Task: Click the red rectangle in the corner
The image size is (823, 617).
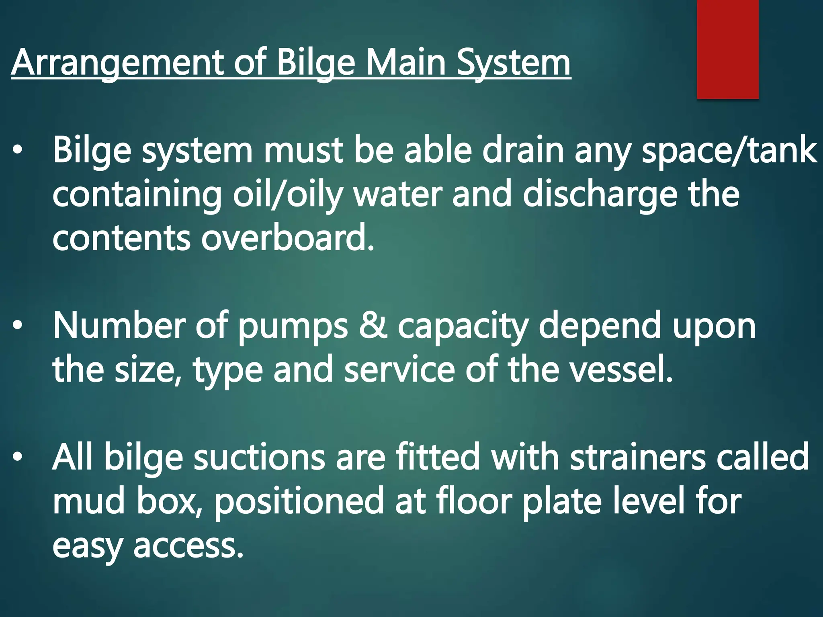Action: pyautogui.click(x=727, y=49)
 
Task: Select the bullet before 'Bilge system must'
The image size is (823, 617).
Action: pyautogui.click(x=17, y=150)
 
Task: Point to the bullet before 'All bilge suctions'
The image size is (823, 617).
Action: pyautogui.click(x=17, y=457)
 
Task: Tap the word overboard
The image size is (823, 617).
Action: pyautogui.click(x=287, y=238)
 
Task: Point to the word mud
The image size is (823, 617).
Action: pyautogui.click(x=88, y=501)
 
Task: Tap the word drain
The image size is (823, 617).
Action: pyautogui.click(x=523, y=150)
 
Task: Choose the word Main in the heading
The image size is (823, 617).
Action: pyautogui.click(x=406, y=63)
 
